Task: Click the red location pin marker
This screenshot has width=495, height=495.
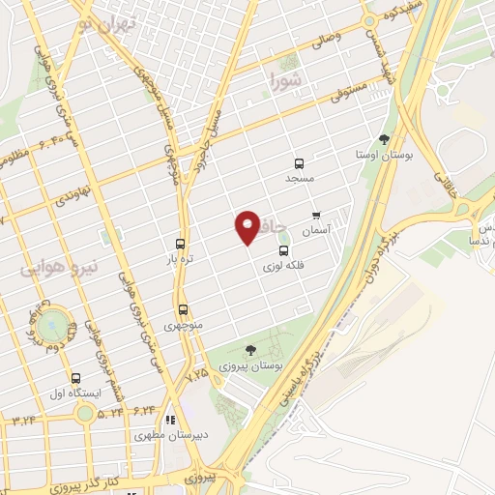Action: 247,227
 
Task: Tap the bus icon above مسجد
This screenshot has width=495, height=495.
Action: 298,163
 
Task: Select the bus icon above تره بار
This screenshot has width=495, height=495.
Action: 180,244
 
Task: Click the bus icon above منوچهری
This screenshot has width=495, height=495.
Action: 183,309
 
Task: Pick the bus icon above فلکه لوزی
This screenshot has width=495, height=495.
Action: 283,251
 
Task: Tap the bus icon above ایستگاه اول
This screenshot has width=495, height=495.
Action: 76,377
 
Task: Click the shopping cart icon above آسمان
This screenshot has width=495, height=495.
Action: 315,215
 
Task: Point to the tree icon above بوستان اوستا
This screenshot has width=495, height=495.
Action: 384,139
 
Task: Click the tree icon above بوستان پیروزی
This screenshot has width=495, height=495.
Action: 251,350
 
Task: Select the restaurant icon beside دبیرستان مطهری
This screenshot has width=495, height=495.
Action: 170,421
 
